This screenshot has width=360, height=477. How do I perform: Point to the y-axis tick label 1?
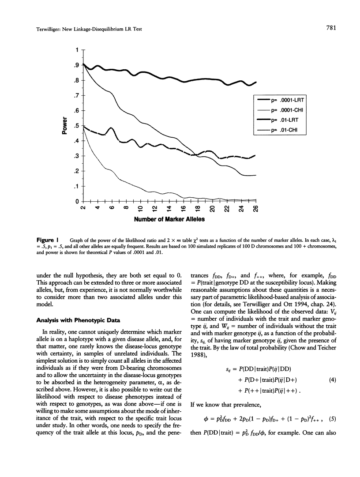[78, 50]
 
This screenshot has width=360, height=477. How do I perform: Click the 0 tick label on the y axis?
[78, 202]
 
